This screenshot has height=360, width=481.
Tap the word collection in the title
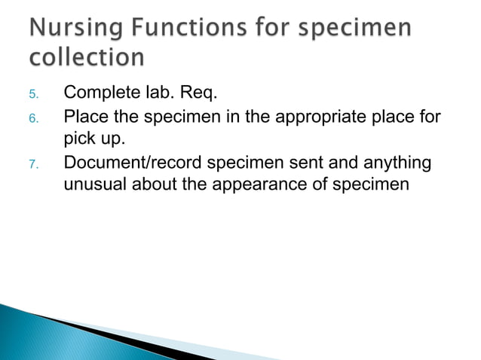pyautogui.click(x=87, y=58)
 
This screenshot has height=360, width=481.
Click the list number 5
pyautogui.click(x=32, y=95)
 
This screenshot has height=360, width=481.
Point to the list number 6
pyautogui.click(x=32, y=118)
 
